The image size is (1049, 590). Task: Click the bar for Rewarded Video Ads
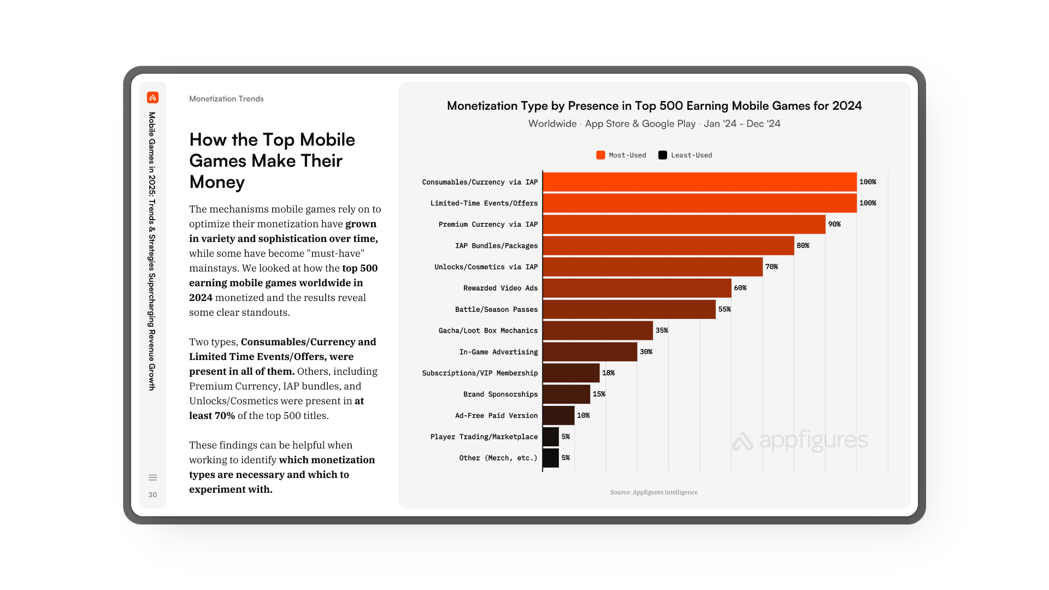point(637,288)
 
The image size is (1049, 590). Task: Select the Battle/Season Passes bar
point(629,309)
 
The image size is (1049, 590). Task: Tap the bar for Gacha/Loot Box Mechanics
point(598,331)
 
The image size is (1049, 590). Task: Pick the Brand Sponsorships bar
point(566,394)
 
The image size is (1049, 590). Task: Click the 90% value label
point(834,224)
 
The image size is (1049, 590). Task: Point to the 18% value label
point(608,373)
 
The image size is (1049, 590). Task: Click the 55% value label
point(724,309)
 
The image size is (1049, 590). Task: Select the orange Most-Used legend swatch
point(600,155)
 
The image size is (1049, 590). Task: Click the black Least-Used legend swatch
point(663,155)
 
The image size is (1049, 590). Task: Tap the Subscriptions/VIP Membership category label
point(480,373)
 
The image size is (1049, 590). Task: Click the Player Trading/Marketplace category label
point(484,436)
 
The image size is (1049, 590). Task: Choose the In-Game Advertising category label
point(498,352)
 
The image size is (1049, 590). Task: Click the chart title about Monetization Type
point(654,106)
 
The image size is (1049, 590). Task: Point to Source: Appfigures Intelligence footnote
point(653,492)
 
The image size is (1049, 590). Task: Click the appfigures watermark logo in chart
point(800,440)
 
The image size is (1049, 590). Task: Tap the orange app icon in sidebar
point(152,98)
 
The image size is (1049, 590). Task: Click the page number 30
point(152,495)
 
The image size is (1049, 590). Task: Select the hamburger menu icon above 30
point(152,477)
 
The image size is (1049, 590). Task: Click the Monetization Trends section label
point(226,99)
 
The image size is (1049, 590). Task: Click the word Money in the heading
point(217,182)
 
